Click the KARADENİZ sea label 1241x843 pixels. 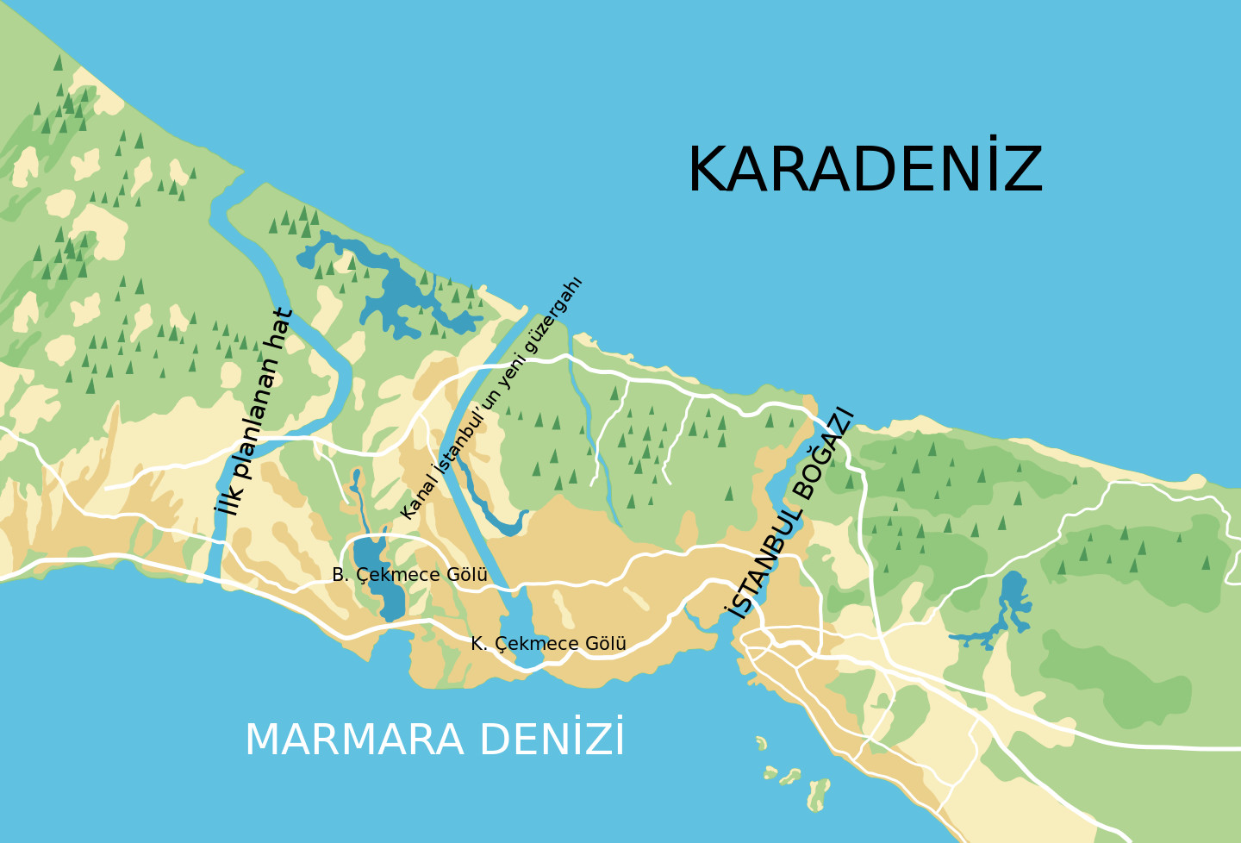[x=864, y=169]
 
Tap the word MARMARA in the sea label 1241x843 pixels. [x=354, y=740]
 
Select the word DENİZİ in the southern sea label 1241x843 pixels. [x=552, y=739]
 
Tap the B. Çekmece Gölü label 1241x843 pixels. [x=409, y=575]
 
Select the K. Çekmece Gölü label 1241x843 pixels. [x=548, y=644]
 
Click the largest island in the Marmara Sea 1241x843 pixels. [x=818, y=793]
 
